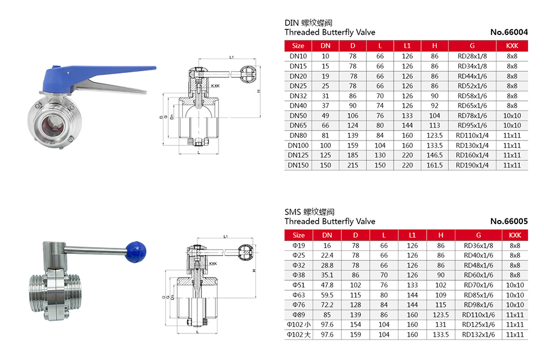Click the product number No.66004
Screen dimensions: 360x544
pyautogui.click(x=509, y=32)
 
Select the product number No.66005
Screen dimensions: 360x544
pyautogui.click(x=509, y=221)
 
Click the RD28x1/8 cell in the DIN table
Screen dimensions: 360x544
pyautogui.click(x=472, y=56)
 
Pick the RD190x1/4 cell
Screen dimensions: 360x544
pyautogui.click(x=472, y=165)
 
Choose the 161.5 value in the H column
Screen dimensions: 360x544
pyautogui.click(x=434, y=165)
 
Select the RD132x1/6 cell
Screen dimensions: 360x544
pyautogui.click(x=477, y=335)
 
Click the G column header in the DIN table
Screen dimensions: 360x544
pyautogui.click(x=472, y=45)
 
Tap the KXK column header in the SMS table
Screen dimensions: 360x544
pyautogui.click(x=515, y=235)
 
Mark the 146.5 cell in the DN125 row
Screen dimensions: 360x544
pyautogui.click(x=434, y=155)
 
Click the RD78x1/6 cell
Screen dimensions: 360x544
pyautogui.click(x=472, y=116)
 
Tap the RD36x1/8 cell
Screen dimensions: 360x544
pyautogui.click(x=477, y=246)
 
